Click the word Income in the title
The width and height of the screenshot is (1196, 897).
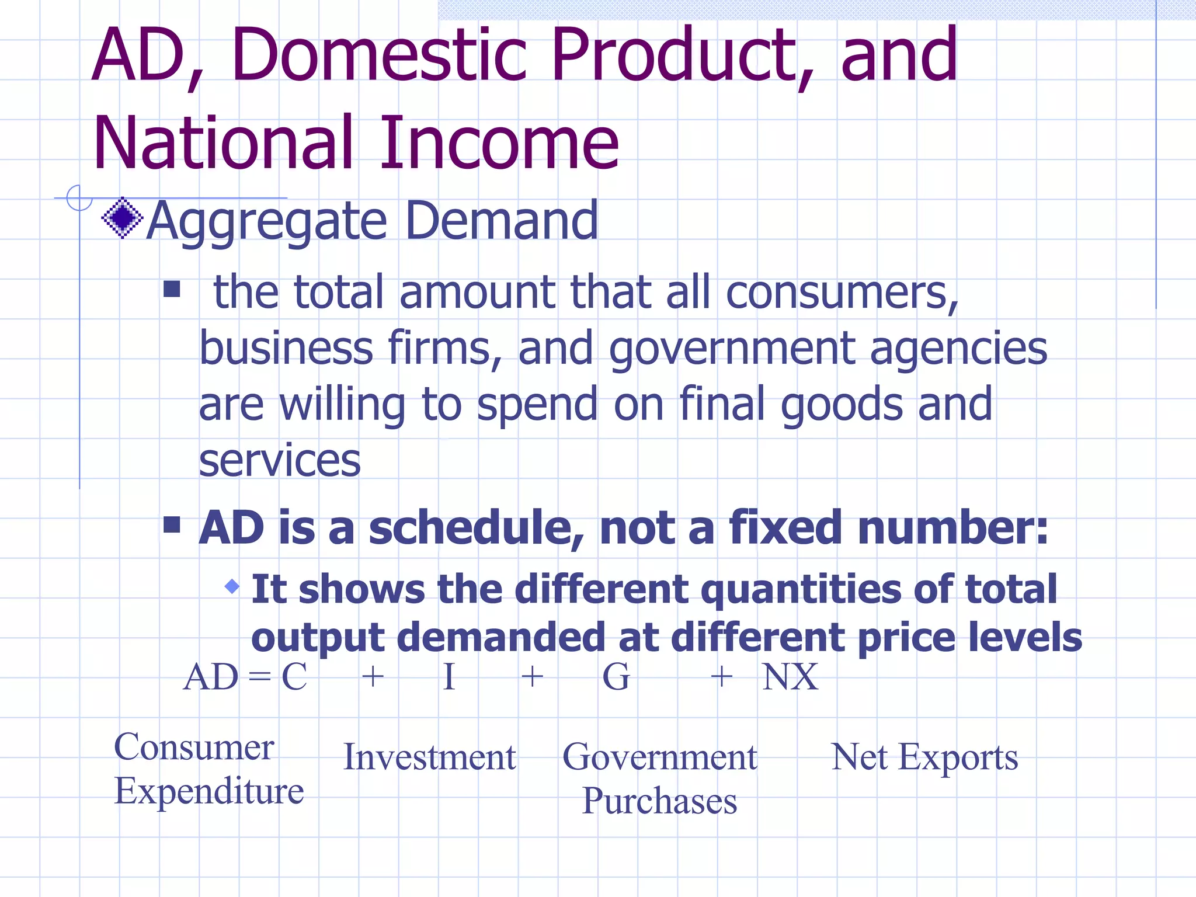(x=500, y=143)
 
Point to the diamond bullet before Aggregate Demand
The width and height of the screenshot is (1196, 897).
(x=122, y=218)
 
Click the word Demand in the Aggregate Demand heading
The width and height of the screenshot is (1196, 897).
(x=502, y=221)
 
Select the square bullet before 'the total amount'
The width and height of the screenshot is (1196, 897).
(x=172, y=288)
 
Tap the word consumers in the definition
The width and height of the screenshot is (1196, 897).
(x=841, y=292)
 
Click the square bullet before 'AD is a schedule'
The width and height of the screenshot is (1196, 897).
(x=172, y=524)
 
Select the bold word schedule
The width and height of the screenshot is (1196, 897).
(x=476, y=528)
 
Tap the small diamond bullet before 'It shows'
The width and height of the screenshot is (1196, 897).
(x=232, y=586)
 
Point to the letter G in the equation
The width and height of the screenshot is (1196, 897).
(x=616, y=677)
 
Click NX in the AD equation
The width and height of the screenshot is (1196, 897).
(x=790, y=677)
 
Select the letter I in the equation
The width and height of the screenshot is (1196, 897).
(x=448, y=677)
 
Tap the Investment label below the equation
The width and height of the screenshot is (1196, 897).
(x=429, y=757)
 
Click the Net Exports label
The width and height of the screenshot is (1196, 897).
(x=924, y=757)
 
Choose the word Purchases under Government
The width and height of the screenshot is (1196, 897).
(x=659, y=801)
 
